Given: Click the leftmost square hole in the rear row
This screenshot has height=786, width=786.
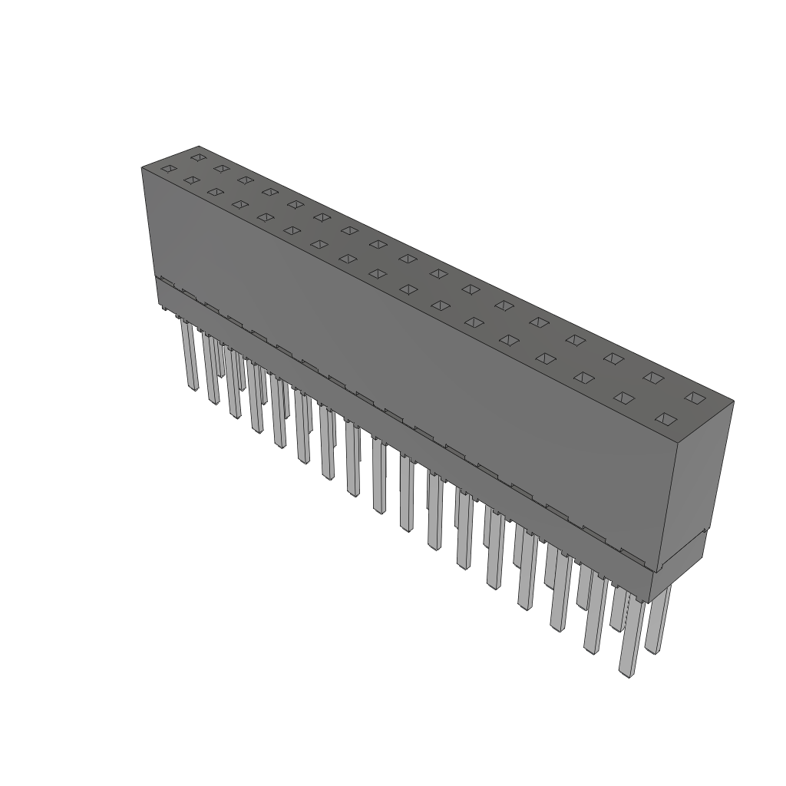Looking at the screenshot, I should pos(198,157).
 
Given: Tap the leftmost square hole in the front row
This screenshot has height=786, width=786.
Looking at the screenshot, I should pos(168,169).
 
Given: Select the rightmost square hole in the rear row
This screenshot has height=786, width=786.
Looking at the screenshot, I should pos(694,397).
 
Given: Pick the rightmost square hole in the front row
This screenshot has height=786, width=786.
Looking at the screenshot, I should pos(665,419).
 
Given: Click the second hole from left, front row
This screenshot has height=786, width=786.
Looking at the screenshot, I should pos(192,180).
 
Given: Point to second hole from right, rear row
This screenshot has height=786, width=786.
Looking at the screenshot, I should pos(652,377).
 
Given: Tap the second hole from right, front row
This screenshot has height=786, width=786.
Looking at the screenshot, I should pos(624,398).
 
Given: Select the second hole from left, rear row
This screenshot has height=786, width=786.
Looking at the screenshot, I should pos(221,168).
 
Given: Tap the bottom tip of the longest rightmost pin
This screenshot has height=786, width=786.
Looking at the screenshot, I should pos(629,675).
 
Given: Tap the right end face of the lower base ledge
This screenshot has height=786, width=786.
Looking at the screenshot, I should pos(679,568).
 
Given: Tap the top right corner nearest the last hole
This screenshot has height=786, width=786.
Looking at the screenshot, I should pos(732,401).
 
